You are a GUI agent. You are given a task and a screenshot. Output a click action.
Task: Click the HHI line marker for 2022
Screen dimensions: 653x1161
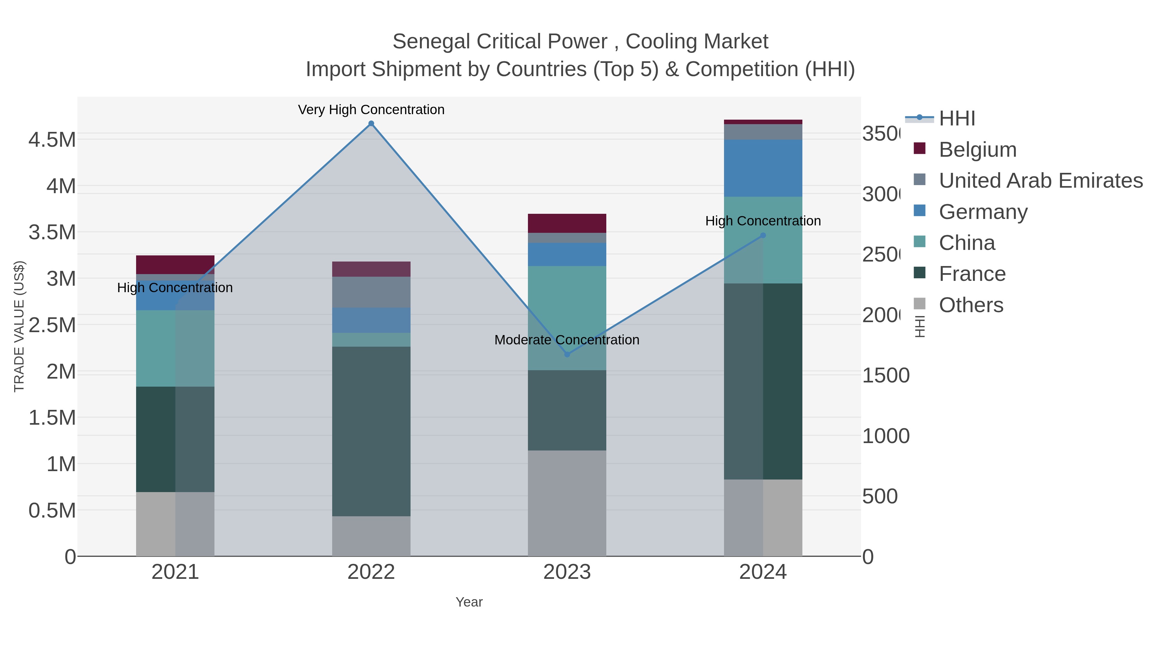click(x=371, y=124)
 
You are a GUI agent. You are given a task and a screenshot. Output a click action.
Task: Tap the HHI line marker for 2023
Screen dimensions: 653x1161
click(x=567, y=354)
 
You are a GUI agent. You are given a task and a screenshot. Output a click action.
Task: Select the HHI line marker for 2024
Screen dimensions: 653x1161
click(x=763, y=235)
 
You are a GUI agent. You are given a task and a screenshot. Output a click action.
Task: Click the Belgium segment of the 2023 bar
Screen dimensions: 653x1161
click(x=567, y=223)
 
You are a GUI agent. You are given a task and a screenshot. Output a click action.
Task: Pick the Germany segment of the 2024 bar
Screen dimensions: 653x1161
click(x=763, y=168)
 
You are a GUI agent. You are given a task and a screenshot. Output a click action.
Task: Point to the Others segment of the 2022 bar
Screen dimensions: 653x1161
click(x=371, y=536)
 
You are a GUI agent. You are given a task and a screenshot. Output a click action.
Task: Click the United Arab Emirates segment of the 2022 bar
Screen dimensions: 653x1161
click(x=371, y=292)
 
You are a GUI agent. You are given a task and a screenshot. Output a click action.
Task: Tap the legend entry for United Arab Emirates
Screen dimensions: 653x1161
click(x=1040, y=181)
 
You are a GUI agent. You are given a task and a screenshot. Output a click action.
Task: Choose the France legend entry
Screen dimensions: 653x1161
click(x=972, y=274)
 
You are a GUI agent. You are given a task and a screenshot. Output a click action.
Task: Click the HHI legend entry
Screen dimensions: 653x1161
click(x=957, y=119)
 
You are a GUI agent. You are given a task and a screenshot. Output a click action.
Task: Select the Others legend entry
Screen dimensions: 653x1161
click(x=971, y=305)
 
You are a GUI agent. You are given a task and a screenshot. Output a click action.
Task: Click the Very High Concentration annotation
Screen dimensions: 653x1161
click(x=371, y=110)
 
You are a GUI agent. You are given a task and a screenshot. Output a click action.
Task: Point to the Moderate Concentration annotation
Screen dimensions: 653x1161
click(x=567, y=340)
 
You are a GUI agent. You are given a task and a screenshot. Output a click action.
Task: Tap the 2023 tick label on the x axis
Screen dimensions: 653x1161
click(x=567, y=572)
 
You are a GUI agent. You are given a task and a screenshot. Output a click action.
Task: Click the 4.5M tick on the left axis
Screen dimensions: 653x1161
click(x=52, y=140)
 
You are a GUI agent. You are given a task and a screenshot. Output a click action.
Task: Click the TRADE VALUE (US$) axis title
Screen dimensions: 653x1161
click(x=19, y=326)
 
